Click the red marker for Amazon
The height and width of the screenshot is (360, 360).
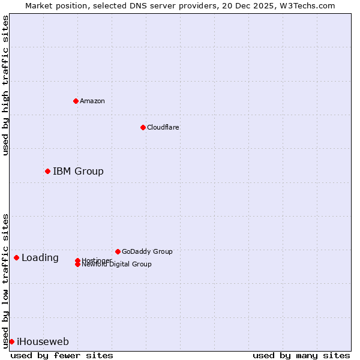pyautogui.click(x=76, y=101)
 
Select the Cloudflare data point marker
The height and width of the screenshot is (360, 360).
pyautogui.click(x=143, y=127)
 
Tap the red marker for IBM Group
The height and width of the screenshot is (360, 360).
pyautogui.click(x=47, y=171)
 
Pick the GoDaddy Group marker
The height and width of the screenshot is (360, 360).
pyautogui.click(x=118, y=251)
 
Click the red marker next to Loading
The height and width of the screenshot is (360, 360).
pyautogui.click(x=16, y=257)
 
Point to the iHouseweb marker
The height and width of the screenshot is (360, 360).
pyautogui.click(x=11, y=341)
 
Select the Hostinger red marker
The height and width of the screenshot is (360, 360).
pyautogui.click(x=77, y=260)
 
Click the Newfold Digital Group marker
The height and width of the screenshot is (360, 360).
pyautogui.click(x=77, y=265)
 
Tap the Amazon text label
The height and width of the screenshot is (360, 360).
pyautogui.click(x=92, y=101)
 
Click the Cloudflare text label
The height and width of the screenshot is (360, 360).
pyautogui.click(x=163, y=127)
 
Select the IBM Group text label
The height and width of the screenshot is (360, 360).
pyautogui.click(x=78, y=171)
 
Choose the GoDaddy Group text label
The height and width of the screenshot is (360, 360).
pyautogui.click(x=147, y=251)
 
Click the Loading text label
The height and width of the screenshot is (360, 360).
pyautogui.click(x=40, y=258)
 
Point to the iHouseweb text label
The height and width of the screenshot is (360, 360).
pyautogui.click(x=43, y=342)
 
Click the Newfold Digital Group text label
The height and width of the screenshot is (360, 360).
pyautogui.click(x=117, y=265)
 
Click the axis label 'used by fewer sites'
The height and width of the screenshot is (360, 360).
pyautogui.click(x=62, y=355)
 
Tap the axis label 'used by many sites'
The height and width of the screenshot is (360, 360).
pyautogui.click(x=301, y=355)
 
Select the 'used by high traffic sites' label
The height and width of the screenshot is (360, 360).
pyautogui.click(x=5, y=85)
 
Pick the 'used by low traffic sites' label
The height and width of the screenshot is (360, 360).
pyautogui.click(x=5, y=281)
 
